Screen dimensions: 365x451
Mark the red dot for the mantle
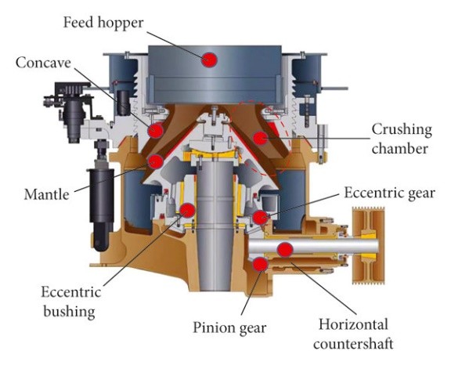(156, 162)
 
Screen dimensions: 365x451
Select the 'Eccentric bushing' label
(68, 301)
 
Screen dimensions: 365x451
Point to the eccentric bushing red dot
(187, 209)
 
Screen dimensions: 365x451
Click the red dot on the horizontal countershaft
(285, 249)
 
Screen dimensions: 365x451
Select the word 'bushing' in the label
(68, 311)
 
